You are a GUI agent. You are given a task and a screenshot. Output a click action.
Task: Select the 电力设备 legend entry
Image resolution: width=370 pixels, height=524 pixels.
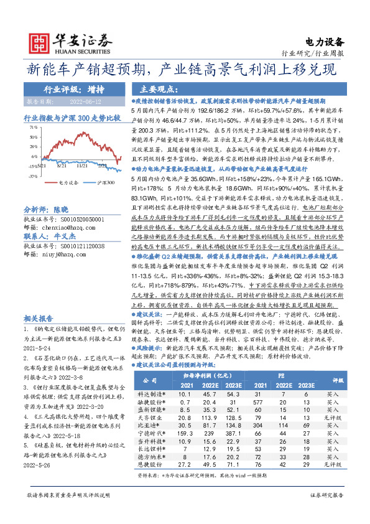tap(68, 183)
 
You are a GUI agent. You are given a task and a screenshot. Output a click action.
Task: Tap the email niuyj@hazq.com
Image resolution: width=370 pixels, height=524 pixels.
tap(60, 271)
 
